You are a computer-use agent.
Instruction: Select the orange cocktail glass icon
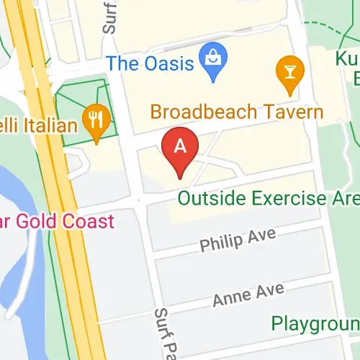(x=289, y=72)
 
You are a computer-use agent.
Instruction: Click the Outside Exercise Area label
(x=267, y=197)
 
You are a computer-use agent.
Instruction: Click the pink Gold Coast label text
(x=58, y=220)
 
